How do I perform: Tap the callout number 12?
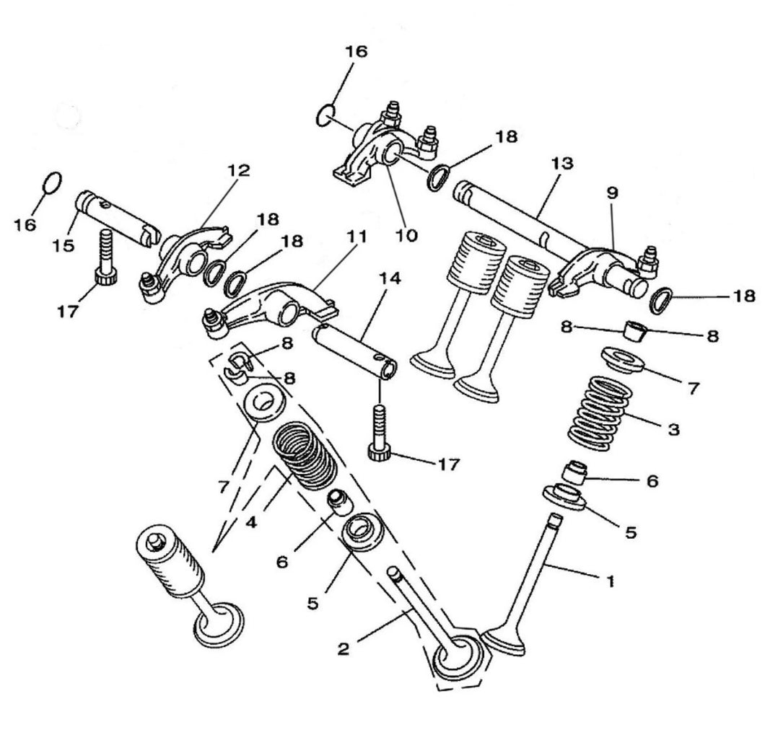[238, 171]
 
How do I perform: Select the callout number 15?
[63, 246]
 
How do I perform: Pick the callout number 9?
[612, 193]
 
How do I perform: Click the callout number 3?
[673, 430]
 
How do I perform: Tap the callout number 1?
[610, 580]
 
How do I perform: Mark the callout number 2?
[344, 648]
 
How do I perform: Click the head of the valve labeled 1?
[504, 641]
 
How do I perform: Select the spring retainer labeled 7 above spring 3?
[623, 359]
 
